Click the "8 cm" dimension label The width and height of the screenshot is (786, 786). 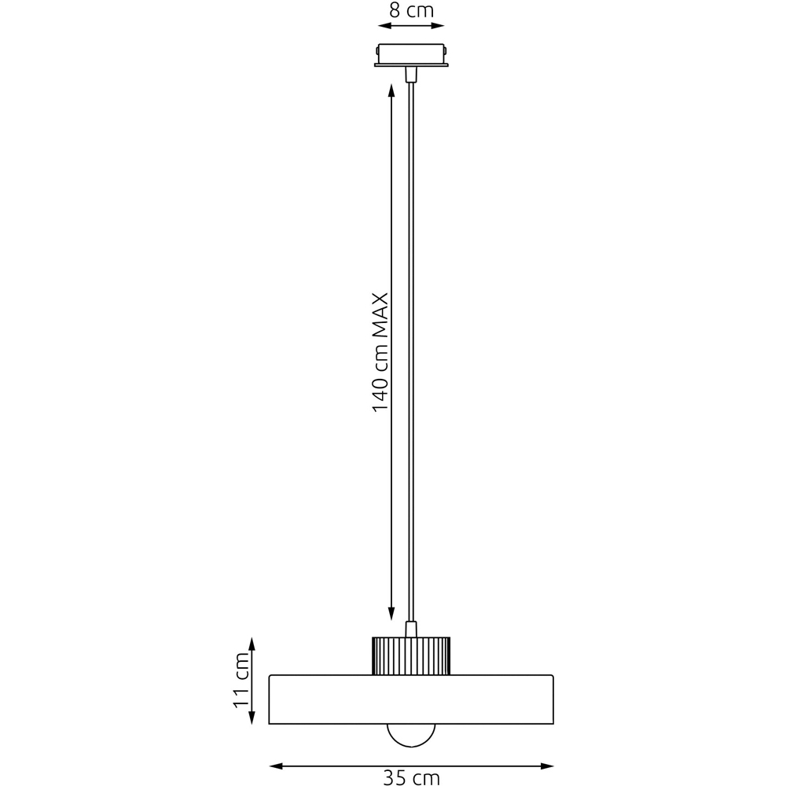click(411, 10)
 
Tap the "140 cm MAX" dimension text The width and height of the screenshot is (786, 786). click(380, 352)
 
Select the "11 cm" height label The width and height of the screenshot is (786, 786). click(241, 680)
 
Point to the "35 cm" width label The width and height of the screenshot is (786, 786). click(411, 777)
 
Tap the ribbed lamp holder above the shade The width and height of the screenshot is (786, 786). click(411, 656)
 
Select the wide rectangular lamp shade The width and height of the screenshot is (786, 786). click(411, 700)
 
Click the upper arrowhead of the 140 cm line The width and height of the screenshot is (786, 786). click(391, 90)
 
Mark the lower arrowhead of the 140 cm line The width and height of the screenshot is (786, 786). click(391, 614)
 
